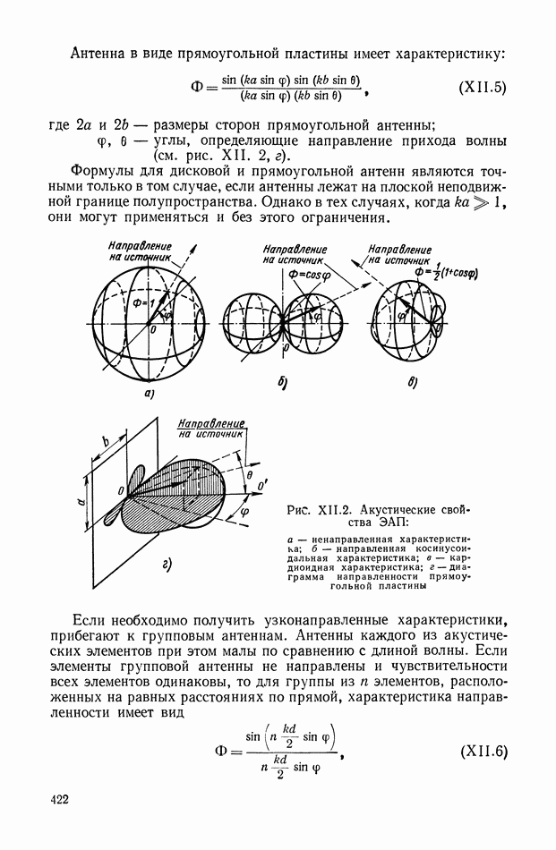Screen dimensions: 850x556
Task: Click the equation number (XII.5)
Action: pyautogui.click(x=483, y=89)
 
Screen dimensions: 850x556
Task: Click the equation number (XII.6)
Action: pyautogui.click(x=483, y=750)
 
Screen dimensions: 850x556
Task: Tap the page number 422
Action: pyautogui.click(x=59, y=798)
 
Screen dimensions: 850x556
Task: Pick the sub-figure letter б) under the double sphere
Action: pyautogui.click(x=281, y=383)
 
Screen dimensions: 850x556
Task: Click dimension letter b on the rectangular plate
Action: pyautogui.click(x=106, y=441)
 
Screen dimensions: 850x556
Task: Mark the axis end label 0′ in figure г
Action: pyautogui.click(x=261, y=487)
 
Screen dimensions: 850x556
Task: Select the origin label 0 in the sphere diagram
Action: pyautogui.click(x=154, y=330)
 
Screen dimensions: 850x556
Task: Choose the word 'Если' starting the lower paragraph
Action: pyautogui.click(x=87, y=621)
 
